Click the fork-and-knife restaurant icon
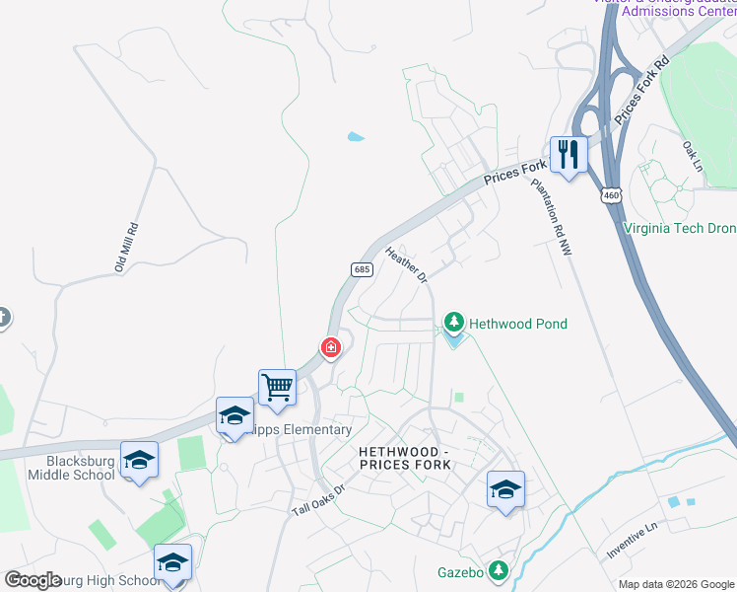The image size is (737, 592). click(569, 155)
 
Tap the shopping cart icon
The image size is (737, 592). click(277, 387)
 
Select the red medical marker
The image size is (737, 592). click(330, 347)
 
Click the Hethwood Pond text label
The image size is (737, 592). click(517, 323)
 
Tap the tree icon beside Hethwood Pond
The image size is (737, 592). click(453, 323)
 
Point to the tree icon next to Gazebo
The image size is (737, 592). click(499, 570)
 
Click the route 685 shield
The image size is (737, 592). click(361, 269)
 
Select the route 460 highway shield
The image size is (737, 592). click(611, 195)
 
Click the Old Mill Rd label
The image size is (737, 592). click(126, 247)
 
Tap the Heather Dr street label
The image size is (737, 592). click(406, 264)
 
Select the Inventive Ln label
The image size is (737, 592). click(632, 542)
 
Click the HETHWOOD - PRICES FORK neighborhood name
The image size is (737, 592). click(405, 458)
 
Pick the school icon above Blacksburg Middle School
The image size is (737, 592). click(139, 460)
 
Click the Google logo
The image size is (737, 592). click(33, 580)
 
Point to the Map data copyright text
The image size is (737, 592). click(675, 584)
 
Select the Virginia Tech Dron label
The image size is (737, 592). click(680, 228)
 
